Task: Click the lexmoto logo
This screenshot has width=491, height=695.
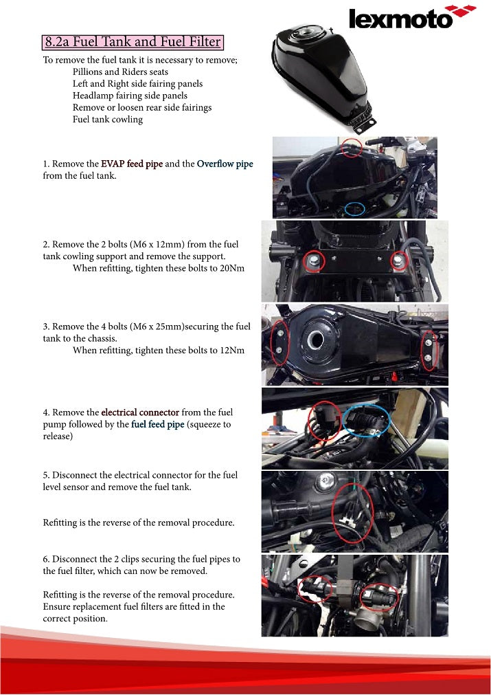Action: [x=412, y=17]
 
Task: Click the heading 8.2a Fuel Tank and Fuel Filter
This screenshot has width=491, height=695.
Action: [x=133, y=42]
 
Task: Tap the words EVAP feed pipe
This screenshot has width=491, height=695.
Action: [x=132, y=164]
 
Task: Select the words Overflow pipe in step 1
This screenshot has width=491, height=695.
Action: [x=225, y=164]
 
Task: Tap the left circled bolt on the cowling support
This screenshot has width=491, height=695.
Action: [x=314, y=261]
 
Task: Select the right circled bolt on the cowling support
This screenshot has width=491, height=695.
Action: [x=399, y=261]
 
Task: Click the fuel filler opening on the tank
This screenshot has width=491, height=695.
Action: [x=316, y=340]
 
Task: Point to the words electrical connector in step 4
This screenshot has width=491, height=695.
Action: [x=140, y=412]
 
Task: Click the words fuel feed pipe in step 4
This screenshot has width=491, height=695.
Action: [x=158, y=424]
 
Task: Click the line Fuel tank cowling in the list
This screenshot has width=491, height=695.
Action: [x=108, y=120]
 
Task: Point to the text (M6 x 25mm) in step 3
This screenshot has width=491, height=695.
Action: [x=157, y=327]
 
